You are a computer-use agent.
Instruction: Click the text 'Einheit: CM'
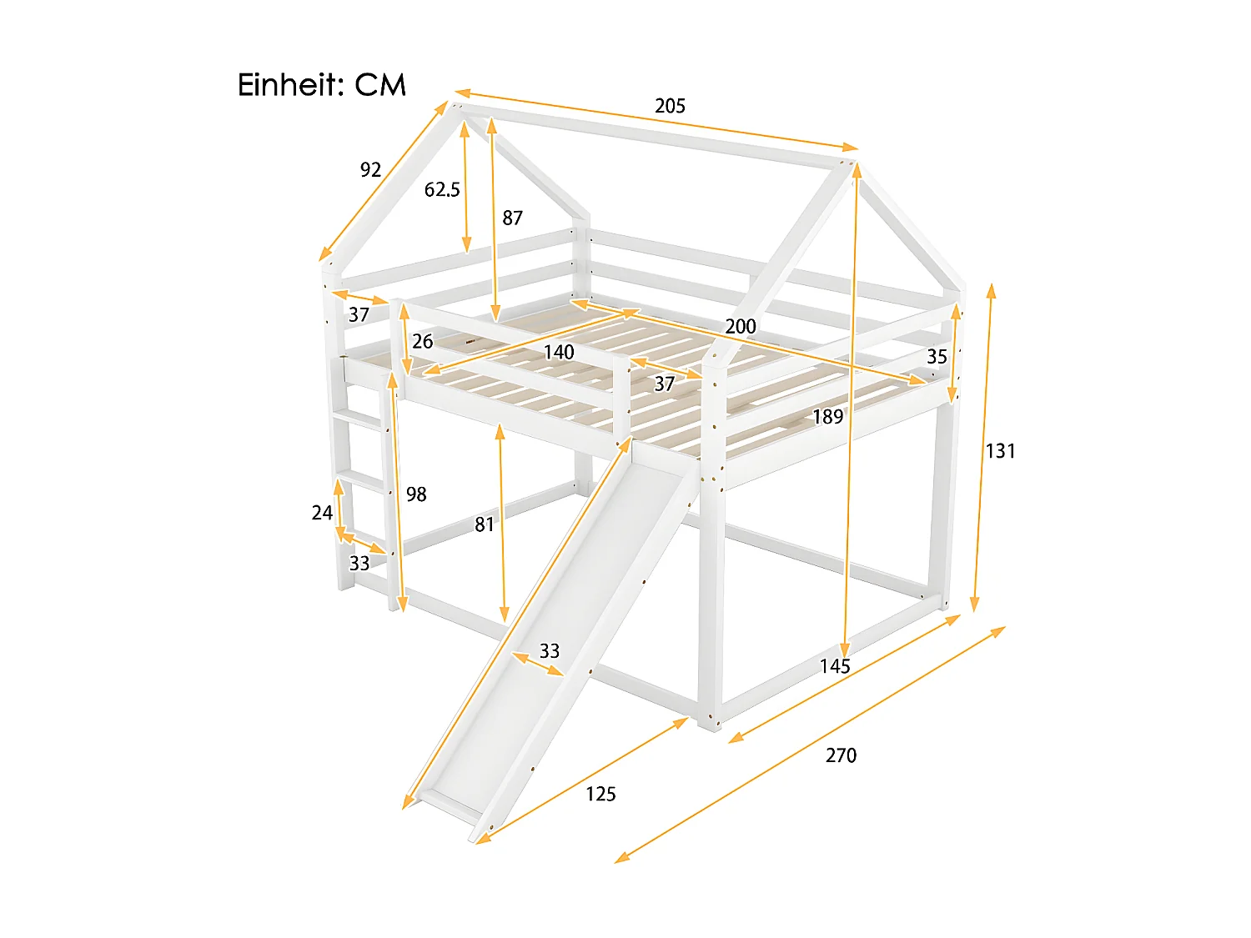click(321, 85)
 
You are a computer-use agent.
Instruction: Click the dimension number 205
click(670, 106)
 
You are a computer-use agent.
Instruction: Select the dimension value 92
click(370, 170)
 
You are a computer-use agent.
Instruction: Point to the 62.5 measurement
click(442, 190)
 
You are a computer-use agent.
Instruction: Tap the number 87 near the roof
click(512, 218)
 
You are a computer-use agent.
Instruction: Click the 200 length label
click(740, 326)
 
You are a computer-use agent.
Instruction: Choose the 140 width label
click(559, 353)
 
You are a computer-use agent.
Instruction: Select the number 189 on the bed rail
click(827, 417)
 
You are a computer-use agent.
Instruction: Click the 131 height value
click(1000, 451)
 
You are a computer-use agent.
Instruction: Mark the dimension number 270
click(841, 755)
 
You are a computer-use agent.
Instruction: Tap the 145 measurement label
click(834, 666)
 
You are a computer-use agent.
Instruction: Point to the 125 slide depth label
click(600, 794)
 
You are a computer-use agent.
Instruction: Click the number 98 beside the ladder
click(416, 494)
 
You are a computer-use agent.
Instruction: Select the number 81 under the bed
click(485, 524)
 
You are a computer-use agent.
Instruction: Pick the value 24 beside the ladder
click(322, 513)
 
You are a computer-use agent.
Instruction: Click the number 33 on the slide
click(549, 651)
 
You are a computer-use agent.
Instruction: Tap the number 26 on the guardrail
click(422, 341)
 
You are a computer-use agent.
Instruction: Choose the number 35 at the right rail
click(937, 357)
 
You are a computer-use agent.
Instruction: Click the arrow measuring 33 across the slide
click(537, 665)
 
